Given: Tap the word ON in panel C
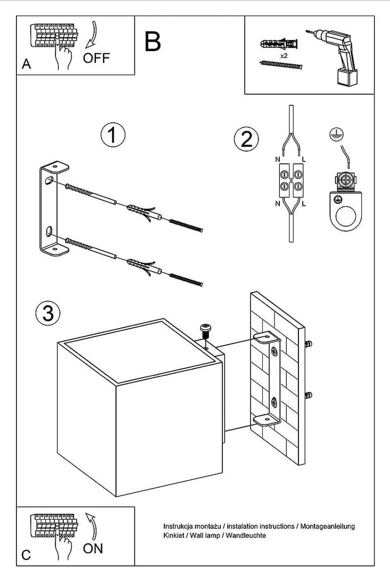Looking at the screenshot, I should click(x=93, y=548).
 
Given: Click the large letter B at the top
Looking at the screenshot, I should click(x=153, y=41).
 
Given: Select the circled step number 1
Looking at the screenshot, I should click(x=113, y=135).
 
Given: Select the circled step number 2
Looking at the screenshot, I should click(x=246, y=139).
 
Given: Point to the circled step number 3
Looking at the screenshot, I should click(x=47, y=313).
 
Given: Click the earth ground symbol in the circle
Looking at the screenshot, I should click(x=335, y=135).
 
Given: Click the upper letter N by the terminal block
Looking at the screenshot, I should click(x=278, y=160).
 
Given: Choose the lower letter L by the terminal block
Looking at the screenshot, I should click(x=304, y=204).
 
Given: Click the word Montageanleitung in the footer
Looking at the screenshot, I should click(x=327, y=526).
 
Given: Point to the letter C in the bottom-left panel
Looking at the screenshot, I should click(x=26, y=556).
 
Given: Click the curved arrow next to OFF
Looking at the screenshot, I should click(x=92, y=36).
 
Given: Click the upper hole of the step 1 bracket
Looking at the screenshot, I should click(x=49, y=181).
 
